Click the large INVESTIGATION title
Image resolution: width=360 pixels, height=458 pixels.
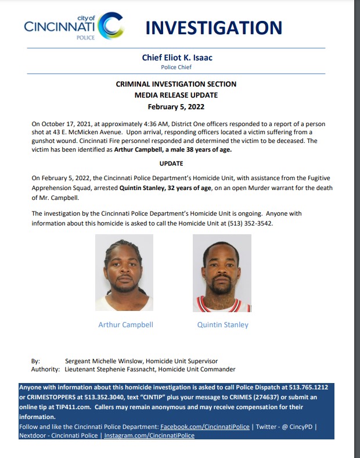point(213,27)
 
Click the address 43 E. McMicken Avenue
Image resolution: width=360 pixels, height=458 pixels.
point(75,132)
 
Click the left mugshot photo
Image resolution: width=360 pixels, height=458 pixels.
point(124,273)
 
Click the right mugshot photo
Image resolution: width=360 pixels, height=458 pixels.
point(222,273)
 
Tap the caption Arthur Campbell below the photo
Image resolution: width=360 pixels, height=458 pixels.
point(125,325)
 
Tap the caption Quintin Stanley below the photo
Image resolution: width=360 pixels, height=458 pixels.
point(222,325)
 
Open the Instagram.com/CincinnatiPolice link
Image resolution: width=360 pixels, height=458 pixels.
point(149,435)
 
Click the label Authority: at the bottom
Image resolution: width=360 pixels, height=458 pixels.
point(45,369)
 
